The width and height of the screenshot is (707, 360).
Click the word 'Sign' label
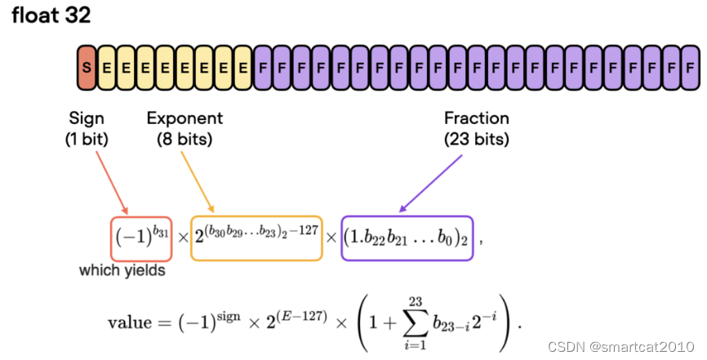[x=87, y=119]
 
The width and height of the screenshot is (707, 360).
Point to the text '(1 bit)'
[x=87, y=139]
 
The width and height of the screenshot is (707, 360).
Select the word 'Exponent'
[x=185, y=119]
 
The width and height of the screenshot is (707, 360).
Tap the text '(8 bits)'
[x=185, y=139]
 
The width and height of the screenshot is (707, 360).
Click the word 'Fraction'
[x=477, y=119]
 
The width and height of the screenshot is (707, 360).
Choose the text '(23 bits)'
[x=477, y=139]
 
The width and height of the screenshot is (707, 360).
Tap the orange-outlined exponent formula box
[x=256, y=238]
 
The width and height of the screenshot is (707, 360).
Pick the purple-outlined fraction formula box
[x=407, y=238]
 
